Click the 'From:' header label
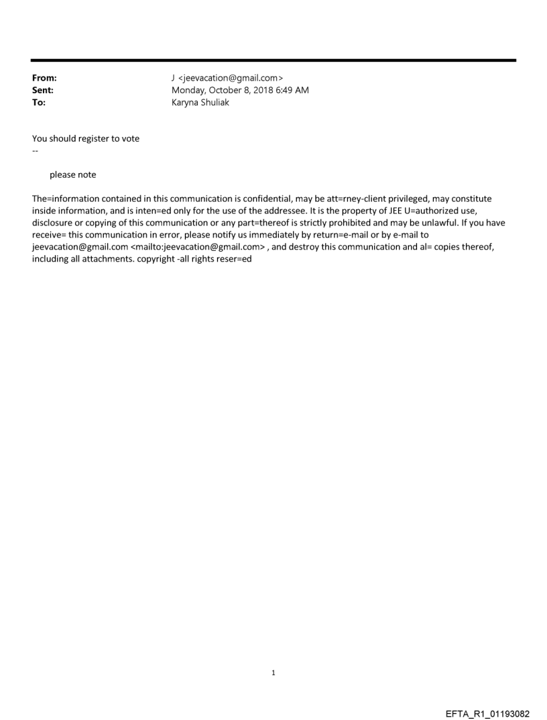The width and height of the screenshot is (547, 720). coord(44,79)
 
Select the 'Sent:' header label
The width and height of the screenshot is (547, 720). coord(43,91)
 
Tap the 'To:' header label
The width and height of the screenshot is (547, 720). coord(39,103)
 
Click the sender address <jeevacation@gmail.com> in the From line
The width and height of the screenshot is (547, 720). coord(232,79)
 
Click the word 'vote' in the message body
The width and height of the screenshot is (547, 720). coord(130,139)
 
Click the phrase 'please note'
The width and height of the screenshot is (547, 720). coord(72,175)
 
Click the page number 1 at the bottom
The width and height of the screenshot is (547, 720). coord(273,673)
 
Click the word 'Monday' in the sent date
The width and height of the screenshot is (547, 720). coord(189,91)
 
